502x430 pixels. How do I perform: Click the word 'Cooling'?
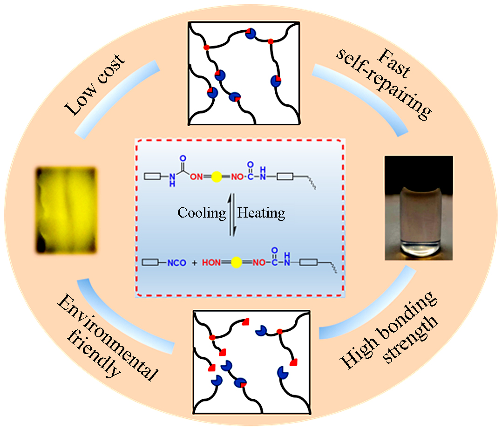(201, 213)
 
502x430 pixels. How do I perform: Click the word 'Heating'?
(261, 213)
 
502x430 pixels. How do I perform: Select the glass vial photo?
(419, 207)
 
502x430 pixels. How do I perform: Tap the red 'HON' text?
(212, 263)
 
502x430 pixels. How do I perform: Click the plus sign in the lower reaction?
(195, 263)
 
